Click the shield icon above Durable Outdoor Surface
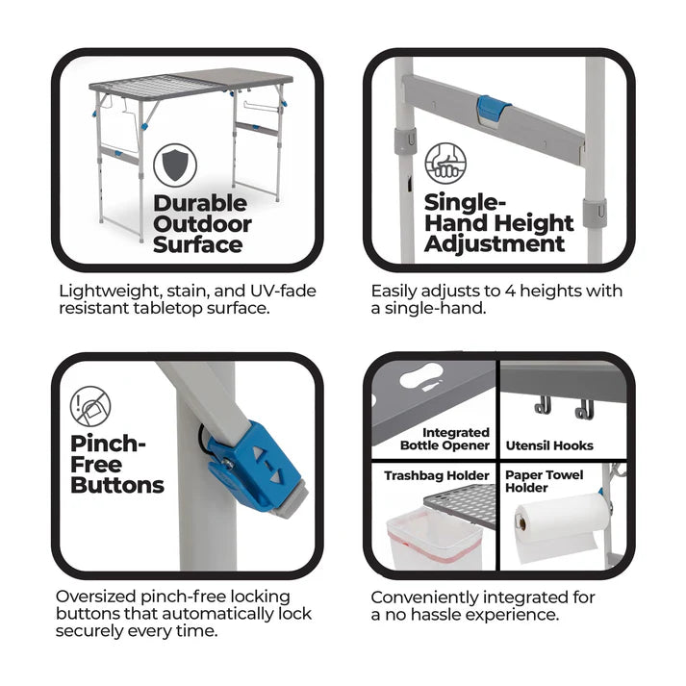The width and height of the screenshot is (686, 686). pos(175,165)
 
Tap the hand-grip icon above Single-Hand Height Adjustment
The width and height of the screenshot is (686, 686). pos(445,164)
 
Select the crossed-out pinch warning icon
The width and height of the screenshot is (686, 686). pos(90,406)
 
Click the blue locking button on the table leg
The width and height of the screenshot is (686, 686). pos(253,469)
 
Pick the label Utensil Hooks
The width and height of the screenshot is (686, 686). pos(549,445)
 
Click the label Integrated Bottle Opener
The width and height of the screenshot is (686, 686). pos(445,439)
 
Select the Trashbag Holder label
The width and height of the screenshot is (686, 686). pos(437,475)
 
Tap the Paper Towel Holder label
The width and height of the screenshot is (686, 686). pos(545,481)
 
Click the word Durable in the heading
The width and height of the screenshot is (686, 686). pos(200,203)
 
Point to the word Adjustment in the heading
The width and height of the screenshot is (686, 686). pos(495,244)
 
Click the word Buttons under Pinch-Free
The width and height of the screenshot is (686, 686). pos(117,485)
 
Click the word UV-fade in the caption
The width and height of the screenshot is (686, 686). pos(283,291)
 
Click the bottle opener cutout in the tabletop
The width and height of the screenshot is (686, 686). pos(420,376)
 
